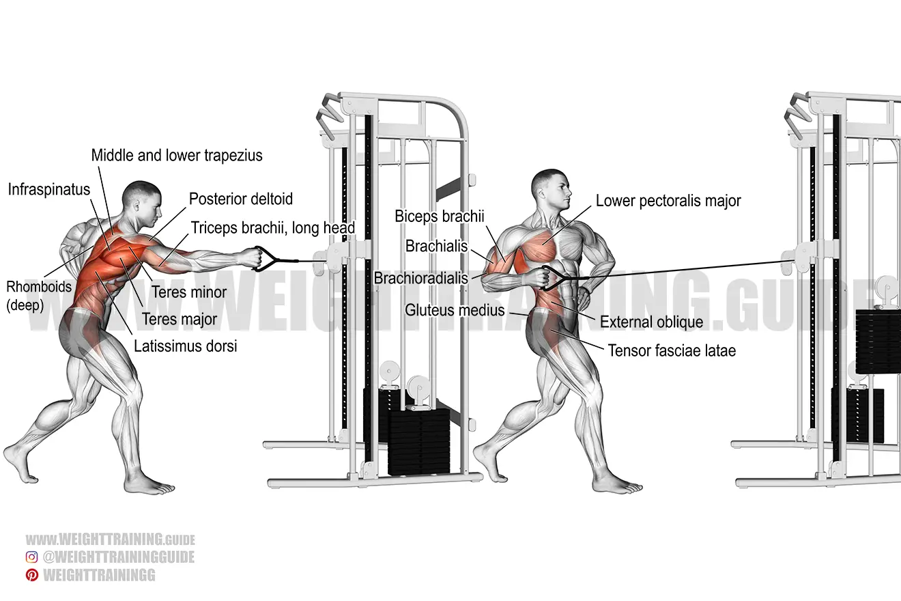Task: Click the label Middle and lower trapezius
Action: (x=177, y=156)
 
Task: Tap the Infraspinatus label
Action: (x=49, y=190)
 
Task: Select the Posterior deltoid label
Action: (x=241, y=199)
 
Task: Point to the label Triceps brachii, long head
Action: (x=273, y=228)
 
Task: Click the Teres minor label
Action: (x=189, y=292)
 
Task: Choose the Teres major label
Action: (x=180, y=319)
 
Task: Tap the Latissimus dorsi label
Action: (x=186, y=346)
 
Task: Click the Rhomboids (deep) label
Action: (x=39, y=296)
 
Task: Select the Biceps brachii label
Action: (x=440, y=216)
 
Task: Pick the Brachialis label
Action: (x=436, y=246)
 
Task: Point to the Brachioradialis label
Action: (x=420, y=278)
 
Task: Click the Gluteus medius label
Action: (x=455, y=310)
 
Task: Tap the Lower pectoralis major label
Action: (x=668, y=201)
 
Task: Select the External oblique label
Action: (x=652, y=322)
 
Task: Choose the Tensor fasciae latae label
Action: (x=672, y=350)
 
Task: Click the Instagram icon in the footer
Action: (x=32, y=557)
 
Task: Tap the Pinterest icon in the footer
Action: (x=32, y=575)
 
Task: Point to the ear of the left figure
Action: (x=137, y=206)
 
